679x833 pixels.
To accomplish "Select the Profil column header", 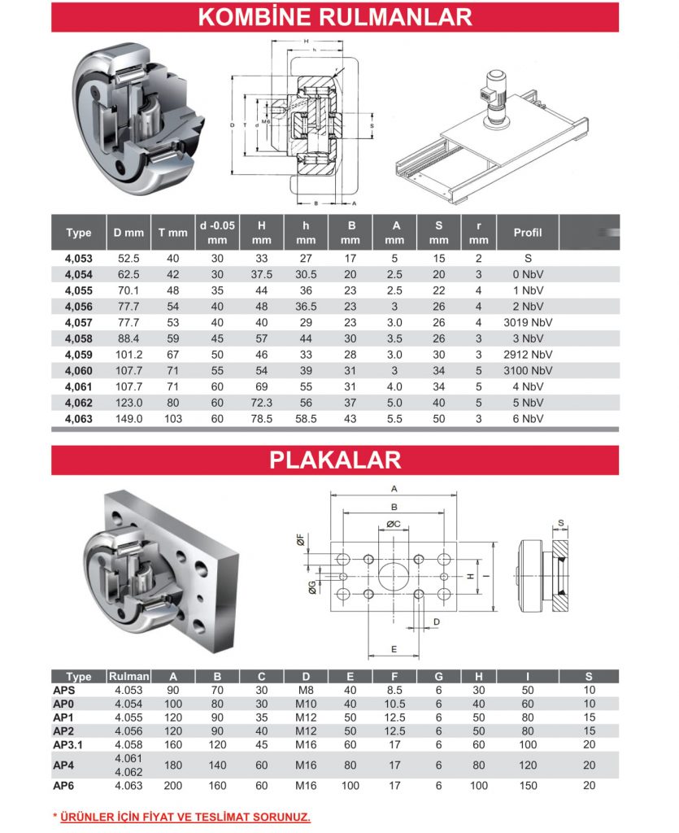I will point(527,233).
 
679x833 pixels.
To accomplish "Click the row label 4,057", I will point(79,321).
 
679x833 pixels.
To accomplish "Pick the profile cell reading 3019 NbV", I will point(527,321).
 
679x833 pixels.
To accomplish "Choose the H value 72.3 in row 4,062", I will point(261,402).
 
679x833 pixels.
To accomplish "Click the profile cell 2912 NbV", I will point(527,354).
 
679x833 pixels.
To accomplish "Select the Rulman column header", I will point(128,676).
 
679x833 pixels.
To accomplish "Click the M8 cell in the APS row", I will point(306,690).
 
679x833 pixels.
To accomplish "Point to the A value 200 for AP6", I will point(173,785).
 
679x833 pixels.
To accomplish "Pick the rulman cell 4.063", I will point(128,785).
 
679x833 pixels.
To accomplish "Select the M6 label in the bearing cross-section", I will point(266,120).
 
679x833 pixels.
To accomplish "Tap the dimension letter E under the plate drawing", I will point(394,648).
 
